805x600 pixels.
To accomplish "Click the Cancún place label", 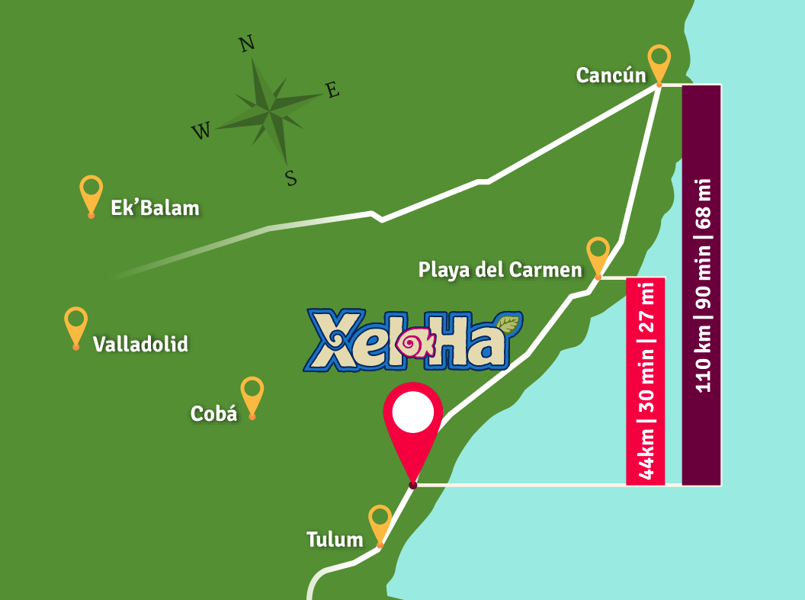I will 611,75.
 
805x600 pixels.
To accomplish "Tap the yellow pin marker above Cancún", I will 659,61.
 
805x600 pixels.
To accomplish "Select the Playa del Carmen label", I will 500,269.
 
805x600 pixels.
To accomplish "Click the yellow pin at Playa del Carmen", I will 598,254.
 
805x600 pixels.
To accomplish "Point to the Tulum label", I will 335,540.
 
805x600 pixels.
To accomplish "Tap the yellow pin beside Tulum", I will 380,522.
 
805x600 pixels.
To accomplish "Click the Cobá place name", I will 213,413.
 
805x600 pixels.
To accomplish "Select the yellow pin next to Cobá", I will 252,393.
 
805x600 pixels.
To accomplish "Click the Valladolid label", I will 140,344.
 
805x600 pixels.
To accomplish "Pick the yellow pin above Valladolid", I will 76,324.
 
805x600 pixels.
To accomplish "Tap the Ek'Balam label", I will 155,207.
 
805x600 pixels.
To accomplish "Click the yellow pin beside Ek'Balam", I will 91,193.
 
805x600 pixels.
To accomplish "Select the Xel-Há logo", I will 412,340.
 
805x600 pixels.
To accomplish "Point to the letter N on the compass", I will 246,44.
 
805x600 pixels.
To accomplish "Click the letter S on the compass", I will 290,178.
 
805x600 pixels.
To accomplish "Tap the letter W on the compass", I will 200,132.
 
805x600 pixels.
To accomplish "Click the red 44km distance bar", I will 645,381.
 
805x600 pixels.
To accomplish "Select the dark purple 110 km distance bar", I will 701,284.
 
